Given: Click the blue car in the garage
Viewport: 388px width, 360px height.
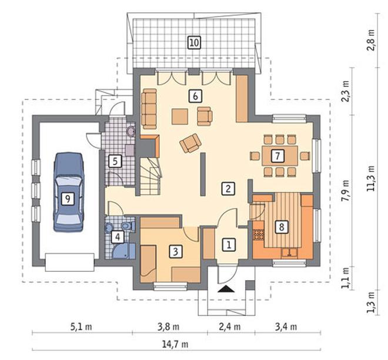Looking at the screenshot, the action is pos(68,192).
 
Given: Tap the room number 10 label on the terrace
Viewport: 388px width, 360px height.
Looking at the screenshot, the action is pos(194,42).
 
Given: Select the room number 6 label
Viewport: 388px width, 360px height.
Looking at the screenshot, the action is pos(195,96).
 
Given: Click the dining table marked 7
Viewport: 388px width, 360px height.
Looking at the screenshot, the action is pos(280,156).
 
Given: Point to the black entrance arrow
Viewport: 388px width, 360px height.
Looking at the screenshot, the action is pos(226,289).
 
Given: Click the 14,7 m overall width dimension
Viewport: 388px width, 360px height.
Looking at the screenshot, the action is pos(175,344).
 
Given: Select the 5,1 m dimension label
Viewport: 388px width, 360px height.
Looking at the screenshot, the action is pos(81,327).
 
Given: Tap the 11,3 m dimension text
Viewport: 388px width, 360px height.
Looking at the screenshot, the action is pos(370,178).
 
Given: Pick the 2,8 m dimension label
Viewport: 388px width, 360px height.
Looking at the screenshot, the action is pos(370,41).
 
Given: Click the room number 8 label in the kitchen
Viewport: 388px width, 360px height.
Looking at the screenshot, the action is pos(282,227).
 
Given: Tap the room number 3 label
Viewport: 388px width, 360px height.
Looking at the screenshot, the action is pos(175,251).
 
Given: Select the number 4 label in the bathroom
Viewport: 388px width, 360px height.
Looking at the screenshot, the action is pos(118,237).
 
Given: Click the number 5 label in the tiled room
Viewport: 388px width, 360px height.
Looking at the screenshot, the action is pos(115,162).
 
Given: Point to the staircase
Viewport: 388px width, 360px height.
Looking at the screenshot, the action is pos(150,177).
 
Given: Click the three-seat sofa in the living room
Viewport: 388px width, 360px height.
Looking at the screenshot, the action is pos(149,109).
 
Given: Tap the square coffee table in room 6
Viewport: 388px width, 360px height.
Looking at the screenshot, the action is pos(180,116).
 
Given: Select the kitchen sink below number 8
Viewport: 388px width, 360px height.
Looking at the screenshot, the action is pos(289,253).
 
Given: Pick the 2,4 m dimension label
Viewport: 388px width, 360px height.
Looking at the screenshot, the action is pos(230,327).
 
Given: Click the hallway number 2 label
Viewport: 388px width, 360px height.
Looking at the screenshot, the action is pos(228,189).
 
